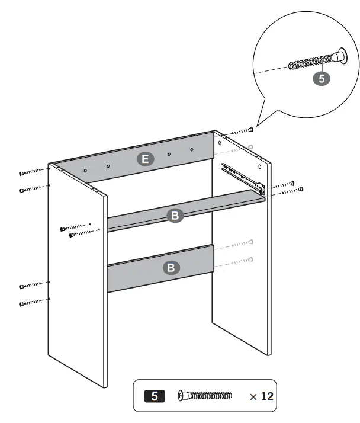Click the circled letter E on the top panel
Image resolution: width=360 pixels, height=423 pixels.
[x=144, y=158]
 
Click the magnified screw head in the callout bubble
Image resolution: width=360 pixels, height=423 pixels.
[x=340, y=56]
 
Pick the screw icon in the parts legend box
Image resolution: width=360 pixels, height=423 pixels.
[x=204, y=395]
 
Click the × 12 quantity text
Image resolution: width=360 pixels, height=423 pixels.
[x=261, y=396]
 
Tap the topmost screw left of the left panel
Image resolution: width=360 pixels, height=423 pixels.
[x=32, y=172]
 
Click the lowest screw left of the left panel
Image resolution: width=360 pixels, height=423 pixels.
[x=33, y=303]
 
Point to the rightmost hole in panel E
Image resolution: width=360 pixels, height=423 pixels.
[x=192, y=149]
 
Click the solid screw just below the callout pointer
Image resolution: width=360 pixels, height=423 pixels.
[x=242, y=131]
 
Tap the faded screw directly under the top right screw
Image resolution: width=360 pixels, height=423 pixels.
[x=242, y=148]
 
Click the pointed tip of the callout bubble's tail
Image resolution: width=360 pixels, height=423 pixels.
[x=256, y=124]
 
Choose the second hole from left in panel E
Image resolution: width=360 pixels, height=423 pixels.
[x=108, y=166]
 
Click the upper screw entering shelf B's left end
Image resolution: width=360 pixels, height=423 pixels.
[x=75, y=227]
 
